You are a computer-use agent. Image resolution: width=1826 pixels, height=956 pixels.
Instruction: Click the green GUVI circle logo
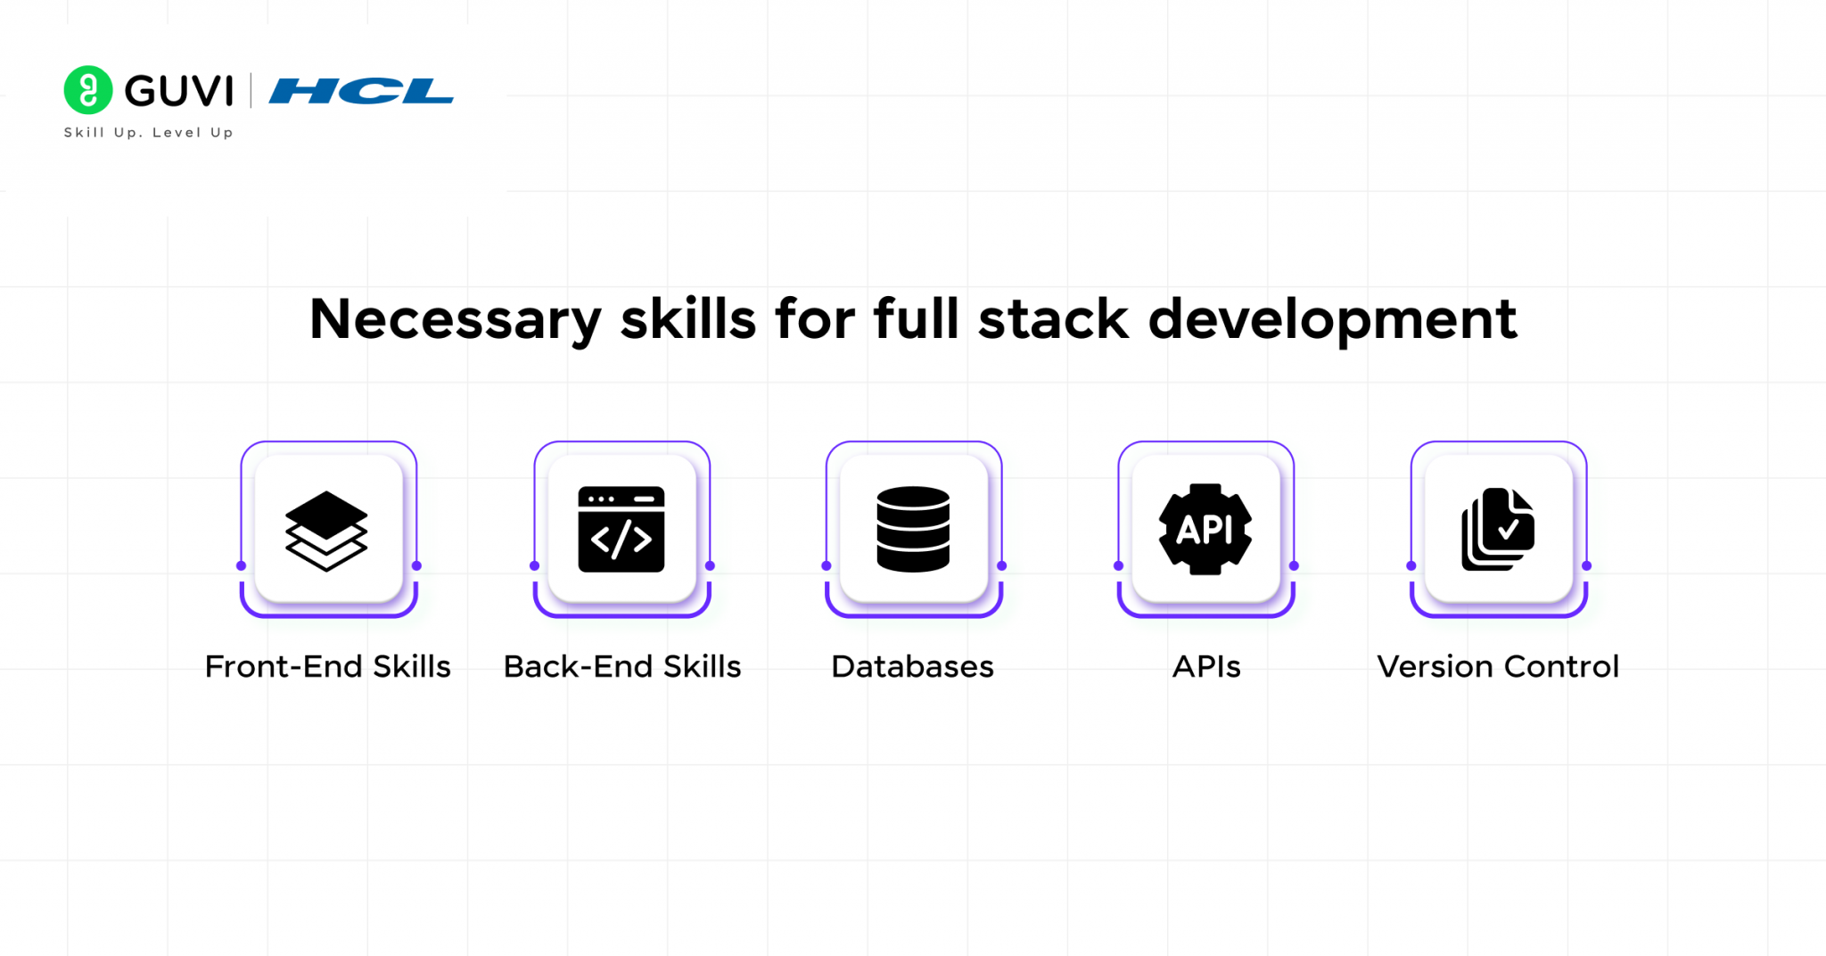pyautogui.click(x=88, y=90)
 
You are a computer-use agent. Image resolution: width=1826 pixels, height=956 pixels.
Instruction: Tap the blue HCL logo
pyautogui.click(x=361, y=91)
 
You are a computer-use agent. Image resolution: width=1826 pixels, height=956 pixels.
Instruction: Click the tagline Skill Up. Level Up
pyautogui.click(x=148, y=133)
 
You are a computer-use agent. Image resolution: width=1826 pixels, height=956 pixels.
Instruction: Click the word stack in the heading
pyautogui.click(x=1053, y=319)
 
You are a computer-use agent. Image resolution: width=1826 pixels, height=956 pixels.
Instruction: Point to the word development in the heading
pyautogui.click(x=1332, y=320)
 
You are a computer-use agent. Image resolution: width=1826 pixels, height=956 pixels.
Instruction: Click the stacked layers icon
pyautogui.click(x=326, y=530)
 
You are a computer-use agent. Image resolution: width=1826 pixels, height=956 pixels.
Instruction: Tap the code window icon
pyautogui.click(x=621, y=530)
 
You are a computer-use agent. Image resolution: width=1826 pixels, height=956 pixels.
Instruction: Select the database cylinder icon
pyautogui.click(x=913, y=530)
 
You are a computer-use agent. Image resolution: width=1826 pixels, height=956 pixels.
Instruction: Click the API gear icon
pyautogui.click(x=1205, y=530)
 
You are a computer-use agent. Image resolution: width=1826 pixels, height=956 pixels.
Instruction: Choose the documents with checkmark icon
pyautogui.click(x=1498, y=530)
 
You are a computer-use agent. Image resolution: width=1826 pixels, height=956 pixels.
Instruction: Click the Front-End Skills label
pyautogui.click(x=327, y=667)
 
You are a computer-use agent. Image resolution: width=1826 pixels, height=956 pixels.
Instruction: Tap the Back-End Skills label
pyautogui.click(x=622, y=667)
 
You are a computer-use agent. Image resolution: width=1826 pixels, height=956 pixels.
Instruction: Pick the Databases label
pyautogui.click(x=912, y=667)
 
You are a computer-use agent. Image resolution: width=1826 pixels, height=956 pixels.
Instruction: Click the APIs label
pyautogui.click(x=1206, y=667)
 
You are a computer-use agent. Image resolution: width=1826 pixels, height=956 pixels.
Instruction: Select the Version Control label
pyautogui.click(x=1498, y=667)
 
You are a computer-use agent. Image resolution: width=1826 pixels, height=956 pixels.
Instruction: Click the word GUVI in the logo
pyautogui.click(x=179, y=91)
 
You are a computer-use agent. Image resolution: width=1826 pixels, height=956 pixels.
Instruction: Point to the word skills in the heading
pyautogui.click(x=688, y=319)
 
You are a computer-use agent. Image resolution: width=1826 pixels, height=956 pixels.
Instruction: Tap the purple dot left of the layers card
pyautogui.click(x=242, y=565)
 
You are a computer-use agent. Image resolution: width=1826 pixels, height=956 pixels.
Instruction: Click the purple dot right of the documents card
pyautogui.click(x=1586, y=565)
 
